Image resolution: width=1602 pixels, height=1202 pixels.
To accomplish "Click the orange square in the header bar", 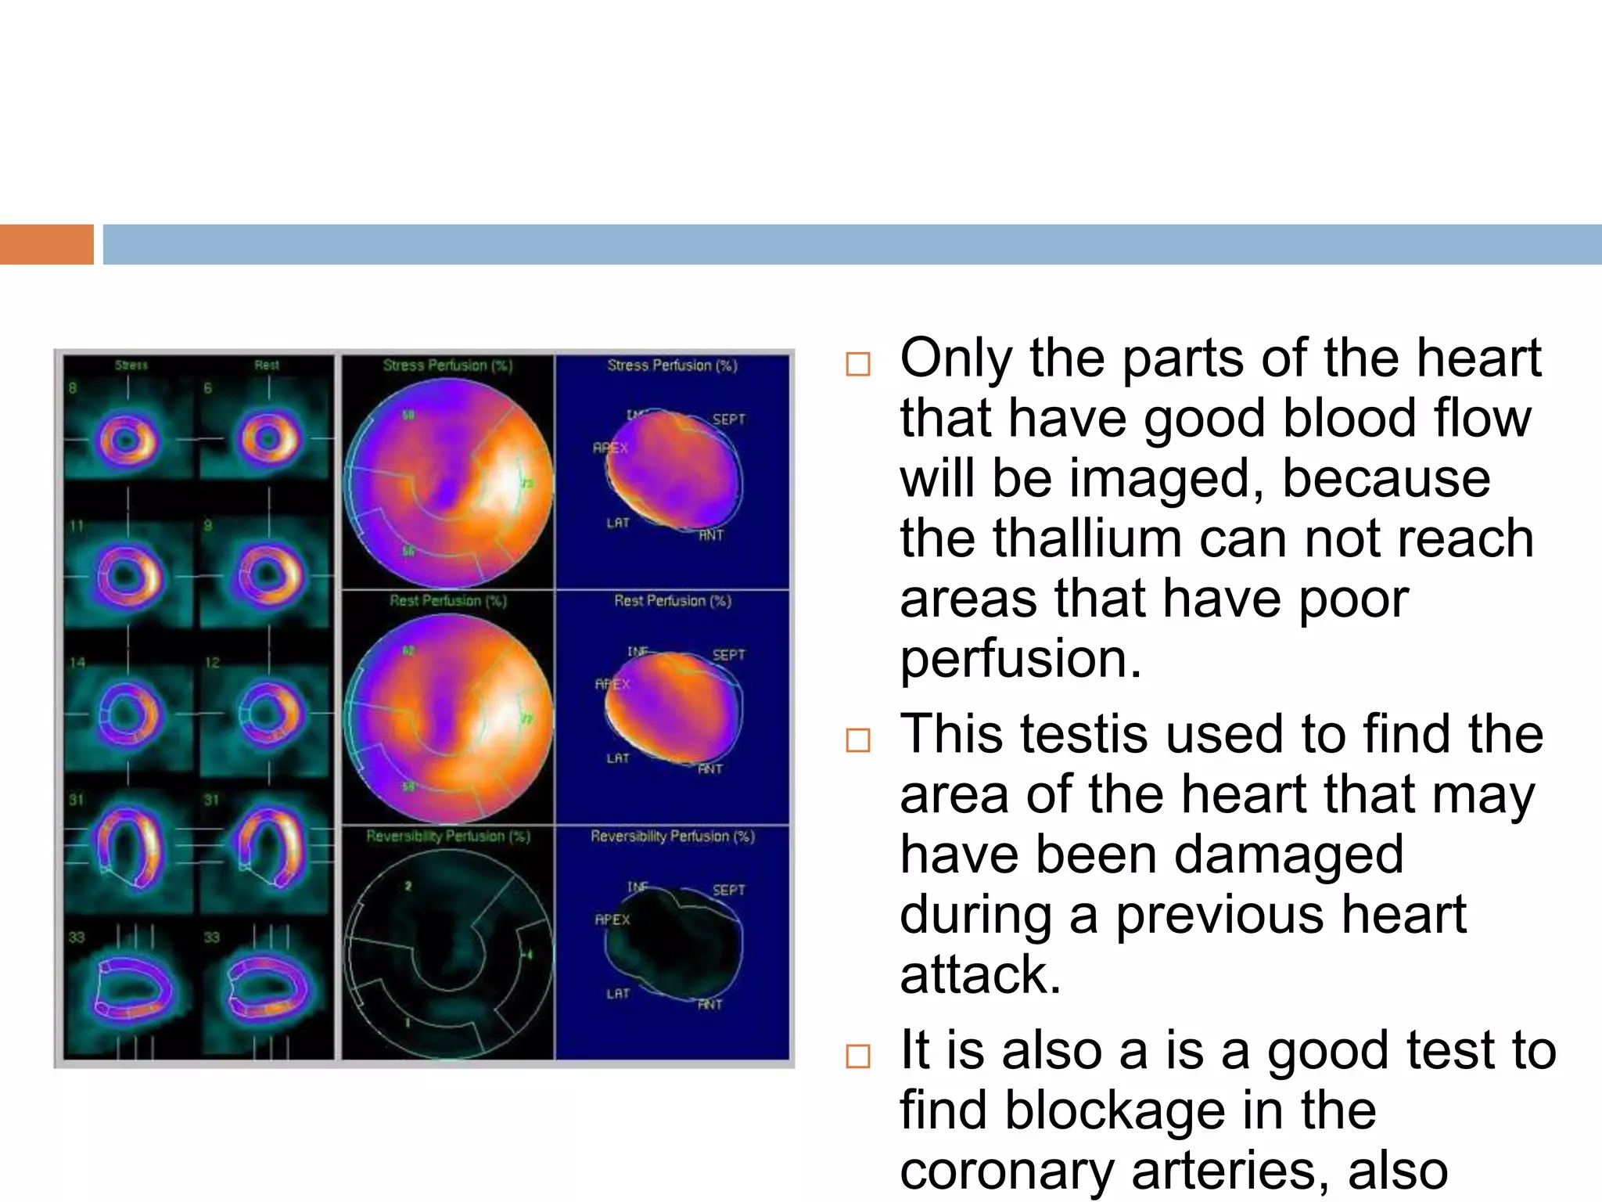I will point(46,244).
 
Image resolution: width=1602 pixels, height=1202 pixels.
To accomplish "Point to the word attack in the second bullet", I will point(980,974).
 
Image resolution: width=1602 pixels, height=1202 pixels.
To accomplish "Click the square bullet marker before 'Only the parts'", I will point(858,364).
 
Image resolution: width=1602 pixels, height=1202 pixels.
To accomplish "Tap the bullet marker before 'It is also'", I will point(858,1056).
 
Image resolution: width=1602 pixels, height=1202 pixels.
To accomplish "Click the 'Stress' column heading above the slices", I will point(131,365).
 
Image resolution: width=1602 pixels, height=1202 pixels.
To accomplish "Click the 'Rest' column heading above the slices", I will point(266,365).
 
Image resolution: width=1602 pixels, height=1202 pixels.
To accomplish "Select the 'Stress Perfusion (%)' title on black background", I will point(447,365).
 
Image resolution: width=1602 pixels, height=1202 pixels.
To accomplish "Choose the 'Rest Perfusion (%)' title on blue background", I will point(672,601).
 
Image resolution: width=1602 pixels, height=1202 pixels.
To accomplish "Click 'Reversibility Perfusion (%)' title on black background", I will point(448,837).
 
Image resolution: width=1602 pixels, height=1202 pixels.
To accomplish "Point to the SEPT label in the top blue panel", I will point(728,419).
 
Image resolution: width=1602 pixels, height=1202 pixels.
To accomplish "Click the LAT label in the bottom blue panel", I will point(617,994).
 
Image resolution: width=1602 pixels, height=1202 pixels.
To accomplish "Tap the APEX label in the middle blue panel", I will point(612,684).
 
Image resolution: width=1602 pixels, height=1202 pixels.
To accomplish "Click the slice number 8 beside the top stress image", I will point(73,388).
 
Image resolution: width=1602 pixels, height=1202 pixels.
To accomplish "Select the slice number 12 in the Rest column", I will point(212,663).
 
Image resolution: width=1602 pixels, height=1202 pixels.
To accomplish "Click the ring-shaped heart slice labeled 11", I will point(128,577).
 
